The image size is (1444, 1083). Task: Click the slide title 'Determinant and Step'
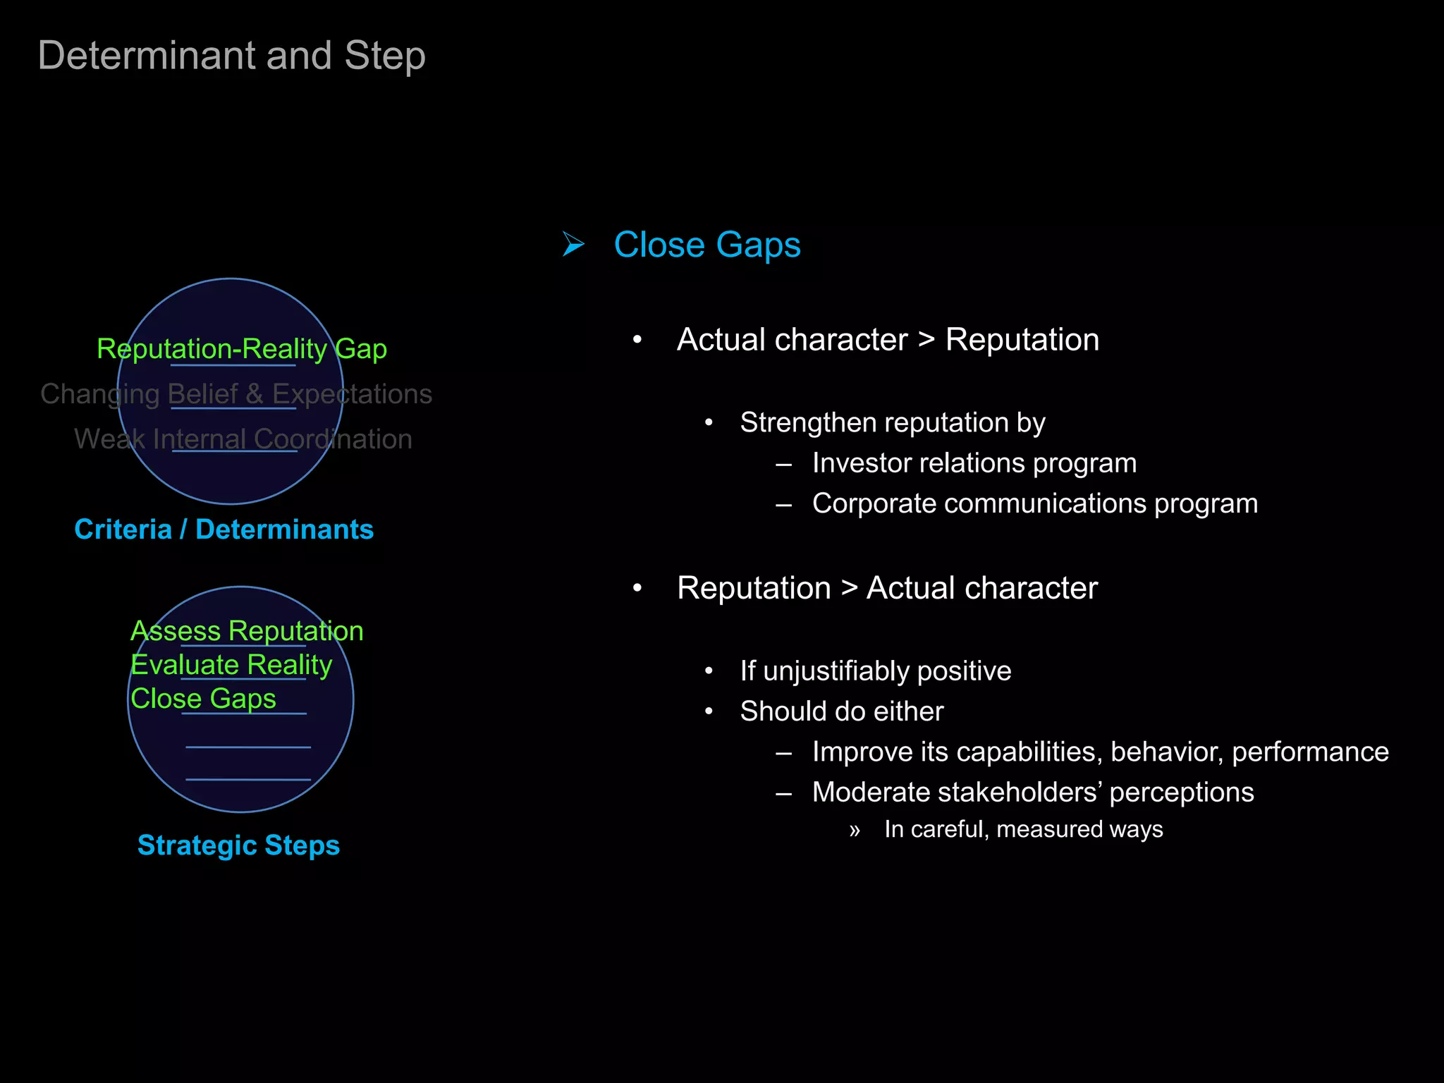pos(231,56)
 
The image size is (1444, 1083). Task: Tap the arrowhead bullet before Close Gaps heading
pos(573,245)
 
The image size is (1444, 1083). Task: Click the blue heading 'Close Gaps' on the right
pos(706,245)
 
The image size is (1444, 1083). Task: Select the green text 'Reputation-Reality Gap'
pos(242,349)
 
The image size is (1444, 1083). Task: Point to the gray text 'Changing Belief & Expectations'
pos(236,394)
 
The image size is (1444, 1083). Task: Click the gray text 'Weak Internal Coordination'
pos(243,439)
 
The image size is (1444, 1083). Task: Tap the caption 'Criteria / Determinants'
pos(224,530)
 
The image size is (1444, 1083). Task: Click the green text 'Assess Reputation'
pos(247,631)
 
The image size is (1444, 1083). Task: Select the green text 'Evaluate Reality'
pos(231,665)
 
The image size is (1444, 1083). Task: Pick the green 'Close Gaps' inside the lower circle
pos(203,699)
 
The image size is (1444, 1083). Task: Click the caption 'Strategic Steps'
pos(238,845)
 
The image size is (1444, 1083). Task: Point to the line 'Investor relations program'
pos(974,463)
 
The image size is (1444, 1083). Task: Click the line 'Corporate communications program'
pos(1034,503)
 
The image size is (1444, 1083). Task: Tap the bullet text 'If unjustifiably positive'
pos(875,671)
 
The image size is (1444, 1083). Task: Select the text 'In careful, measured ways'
pos(1023,829)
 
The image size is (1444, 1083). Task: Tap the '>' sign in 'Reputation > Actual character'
pos(849,589)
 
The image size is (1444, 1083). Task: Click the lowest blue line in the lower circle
pos(248,779)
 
